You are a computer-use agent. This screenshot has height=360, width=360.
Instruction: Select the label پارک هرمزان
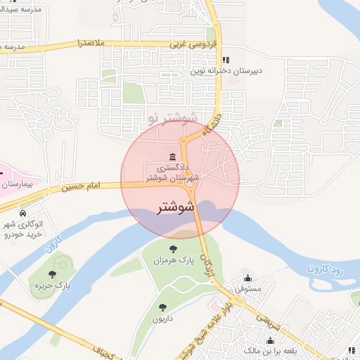173,261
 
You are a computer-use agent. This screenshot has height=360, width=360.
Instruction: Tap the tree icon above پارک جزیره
53,274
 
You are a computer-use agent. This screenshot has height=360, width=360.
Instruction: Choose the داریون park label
162,319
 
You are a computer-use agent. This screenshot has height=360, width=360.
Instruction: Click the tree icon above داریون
162,307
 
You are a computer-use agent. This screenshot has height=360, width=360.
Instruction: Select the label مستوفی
247,289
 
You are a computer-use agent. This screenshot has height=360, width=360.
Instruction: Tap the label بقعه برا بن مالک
271,350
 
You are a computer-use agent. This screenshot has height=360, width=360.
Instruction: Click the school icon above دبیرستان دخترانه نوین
225,60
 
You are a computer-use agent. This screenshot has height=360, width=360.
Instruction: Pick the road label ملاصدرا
91,44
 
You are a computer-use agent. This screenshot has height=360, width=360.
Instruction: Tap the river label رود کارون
324,268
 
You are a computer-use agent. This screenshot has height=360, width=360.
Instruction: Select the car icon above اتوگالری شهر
23,212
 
